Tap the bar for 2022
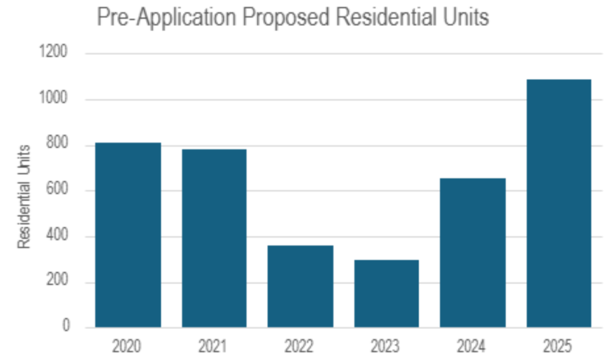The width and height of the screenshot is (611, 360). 300,286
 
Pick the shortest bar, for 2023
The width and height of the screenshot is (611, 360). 386,293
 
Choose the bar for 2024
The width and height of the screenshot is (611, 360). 473,253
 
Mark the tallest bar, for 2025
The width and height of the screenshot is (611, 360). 559,203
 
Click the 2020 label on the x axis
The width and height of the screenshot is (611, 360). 128,346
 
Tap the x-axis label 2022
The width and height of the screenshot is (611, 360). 300,346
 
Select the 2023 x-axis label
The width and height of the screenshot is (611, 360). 386,346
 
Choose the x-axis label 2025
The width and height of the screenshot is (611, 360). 559,346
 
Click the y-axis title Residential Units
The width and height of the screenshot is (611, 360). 24,196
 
